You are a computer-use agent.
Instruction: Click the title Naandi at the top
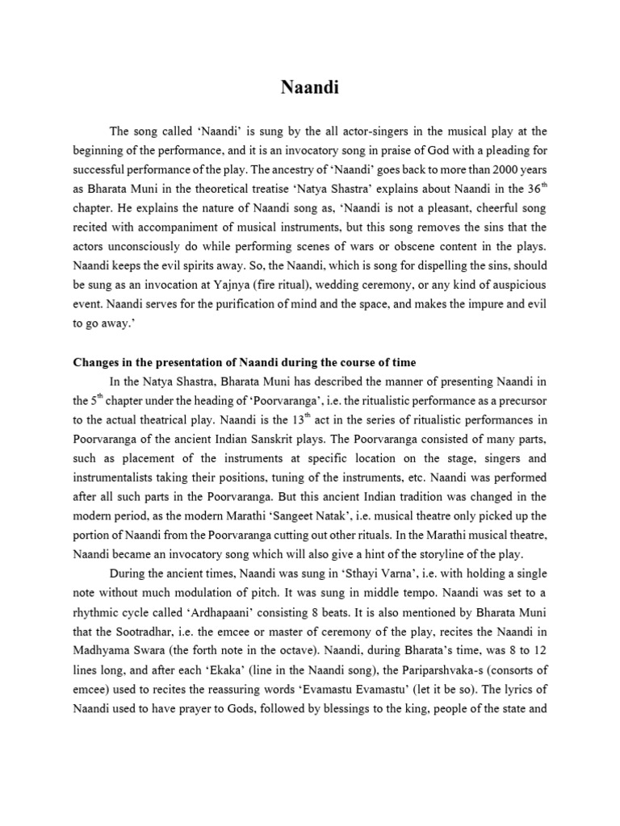click(x=310, y=89)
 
